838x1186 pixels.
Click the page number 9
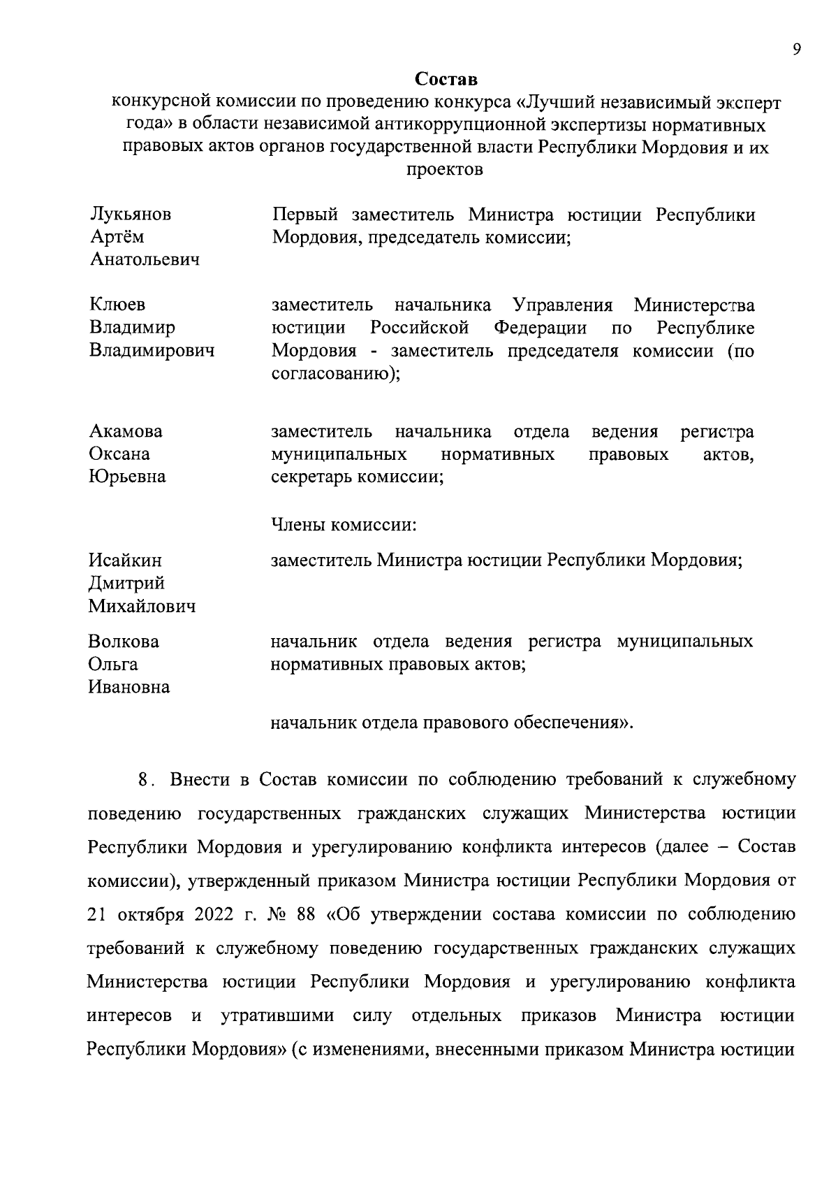tap(796, 49)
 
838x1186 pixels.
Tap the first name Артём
tap(117, 237)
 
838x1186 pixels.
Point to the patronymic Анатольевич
tap(145, 260)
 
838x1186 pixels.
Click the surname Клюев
tap(117, 305)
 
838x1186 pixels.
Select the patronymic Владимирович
tap(152, 350)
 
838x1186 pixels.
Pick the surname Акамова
tap(126, 431)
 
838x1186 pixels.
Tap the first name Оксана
tap(119, 454)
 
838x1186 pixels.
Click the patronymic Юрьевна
tap(127, 477)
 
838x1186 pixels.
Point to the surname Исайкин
tap(125, 561)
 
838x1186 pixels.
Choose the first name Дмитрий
tap(126, 584)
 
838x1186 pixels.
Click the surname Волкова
tap(124, 642)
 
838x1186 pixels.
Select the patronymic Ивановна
tap(129, 687)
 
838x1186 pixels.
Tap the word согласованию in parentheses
tap(329, 373)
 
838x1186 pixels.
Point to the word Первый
tap(304, 215)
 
